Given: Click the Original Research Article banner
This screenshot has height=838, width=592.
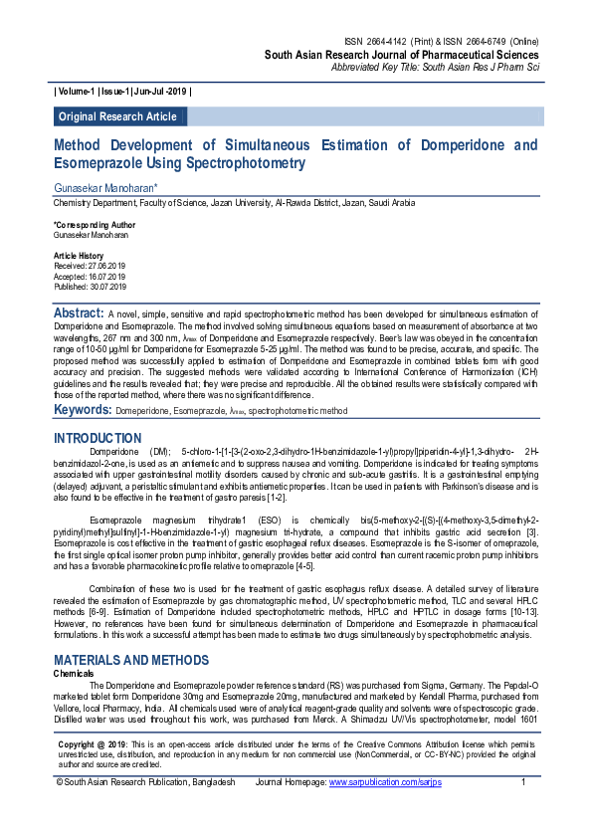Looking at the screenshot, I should [x=117, y=116].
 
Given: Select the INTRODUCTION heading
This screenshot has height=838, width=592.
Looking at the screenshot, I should [x=98, y=438].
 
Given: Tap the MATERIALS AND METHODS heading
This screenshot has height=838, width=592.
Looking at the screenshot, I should [x=130, y=660].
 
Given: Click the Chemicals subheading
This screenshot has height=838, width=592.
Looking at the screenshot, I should [x=74, y=673].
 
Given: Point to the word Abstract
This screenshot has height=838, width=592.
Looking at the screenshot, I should [x=78, y=314].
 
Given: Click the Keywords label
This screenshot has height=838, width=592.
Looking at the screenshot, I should [x=83, y=409].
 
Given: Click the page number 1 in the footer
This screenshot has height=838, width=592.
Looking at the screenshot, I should [x=523, y=811].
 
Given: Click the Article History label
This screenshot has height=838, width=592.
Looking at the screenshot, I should [x=78, y=256].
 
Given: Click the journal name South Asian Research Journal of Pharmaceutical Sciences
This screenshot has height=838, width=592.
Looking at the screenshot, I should [x=401, y=55].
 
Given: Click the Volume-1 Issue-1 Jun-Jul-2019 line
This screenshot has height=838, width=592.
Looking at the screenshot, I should [x=122, y=91].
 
